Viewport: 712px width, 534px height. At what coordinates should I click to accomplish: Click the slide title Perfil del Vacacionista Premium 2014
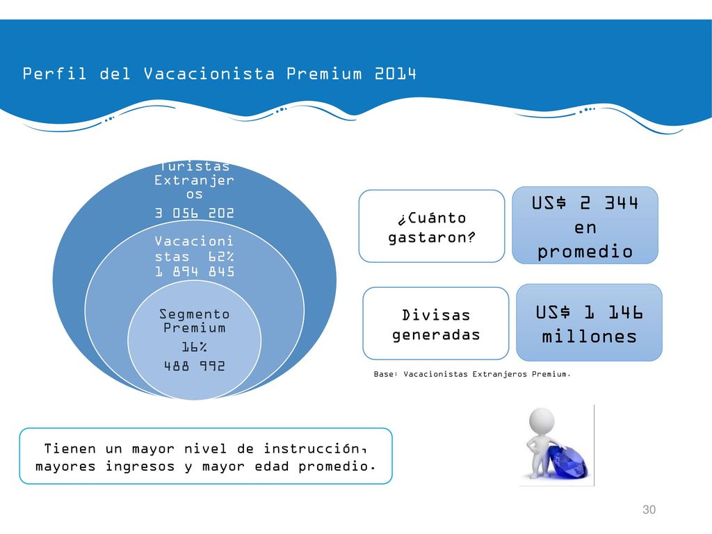click(x=219, y=74)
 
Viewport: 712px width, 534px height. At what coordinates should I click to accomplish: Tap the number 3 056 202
click(x=195, y=213)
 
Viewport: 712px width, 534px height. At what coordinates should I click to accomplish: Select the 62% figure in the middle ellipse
click(x=221, y=257)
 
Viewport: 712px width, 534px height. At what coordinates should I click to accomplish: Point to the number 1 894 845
click(x=195, y=272)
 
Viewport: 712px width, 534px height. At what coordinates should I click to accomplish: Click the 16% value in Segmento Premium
click(x=195, y=347)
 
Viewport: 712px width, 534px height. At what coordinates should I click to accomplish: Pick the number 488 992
click(x=195, y=366)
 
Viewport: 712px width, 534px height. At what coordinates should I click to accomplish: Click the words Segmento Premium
click(x=195, y=321)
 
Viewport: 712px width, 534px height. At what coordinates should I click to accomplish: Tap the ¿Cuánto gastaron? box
click(x=431, y=226)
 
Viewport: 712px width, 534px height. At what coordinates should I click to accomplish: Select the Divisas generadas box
click(x=435, y=323)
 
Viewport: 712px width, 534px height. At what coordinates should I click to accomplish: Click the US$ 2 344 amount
click(x=585, y=202)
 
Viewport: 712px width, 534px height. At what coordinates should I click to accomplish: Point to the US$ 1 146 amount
click(x=589, y=312)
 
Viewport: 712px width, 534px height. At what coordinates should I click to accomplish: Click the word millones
click(x=589, y=337)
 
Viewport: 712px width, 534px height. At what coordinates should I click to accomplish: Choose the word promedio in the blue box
click(x=585, y=252)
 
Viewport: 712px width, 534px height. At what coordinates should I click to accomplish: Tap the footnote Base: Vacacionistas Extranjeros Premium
click(x=472, y=374)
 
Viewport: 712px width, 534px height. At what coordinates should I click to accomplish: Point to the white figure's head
click(x=542, y=420)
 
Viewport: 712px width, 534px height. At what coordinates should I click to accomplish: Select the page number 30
click(x=649, y=510)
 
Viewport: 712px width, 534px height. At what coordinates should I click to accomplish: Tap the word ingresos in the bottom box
click(x=140, y=467)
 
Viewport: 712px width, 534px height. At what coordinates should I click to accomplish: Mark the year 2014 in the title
click(x=396, y=74)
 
